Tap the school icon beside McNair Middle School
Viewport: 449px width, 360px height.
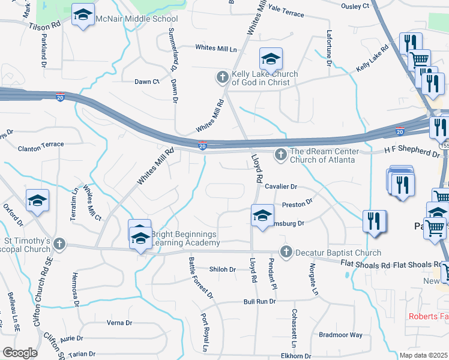pyautogui.click(x=83, y=16)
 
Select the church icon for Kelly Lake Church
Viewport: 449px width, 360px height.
pyautogui.click(x=223, y=77)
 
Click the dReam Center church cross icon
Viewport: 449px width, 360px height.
pyautogui.click(x=280, y=155)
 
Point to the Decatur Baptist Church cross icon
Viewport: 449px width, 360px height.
pyautogui.click(x=286, y=252)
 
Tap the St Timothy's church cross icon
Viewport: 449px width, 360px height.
pyautogui.click(x=59, y=244)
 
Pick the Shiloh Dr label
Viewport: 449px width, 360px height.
pyautogui.click(x=222, y=269)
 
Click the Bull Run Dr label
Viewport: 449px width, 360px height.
pyautogui.click(x=259, y=302)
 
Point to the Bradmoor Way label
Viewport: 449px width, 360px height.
pyautogui.click(x=340, y=335)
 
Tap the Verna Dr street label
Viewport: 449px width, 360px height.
pyautogui.click(x=119, y=323)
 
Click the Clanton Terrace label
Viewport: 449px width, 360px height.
pyautogui.click(x=41, y=145)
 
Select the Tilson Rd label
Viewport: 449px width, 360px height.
pyautogui.click(x=44, y=26)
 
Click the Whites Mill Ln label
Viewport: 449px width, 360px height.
pyautogui.click(x=216, y=48)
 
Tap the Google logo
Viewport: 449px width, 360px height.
pyautogui.click(x=20, y=353)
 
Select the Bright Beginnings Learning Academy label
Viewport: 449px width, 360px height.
pyautogui.click(x=185, y=238)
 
